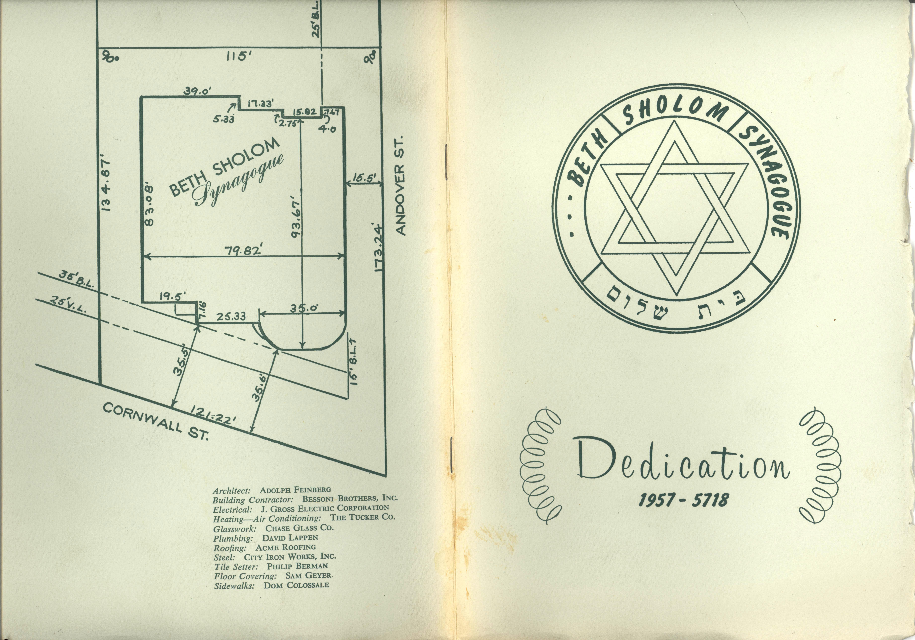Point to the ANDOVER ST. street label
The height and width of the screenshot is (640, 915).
[x=401, y=185]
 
